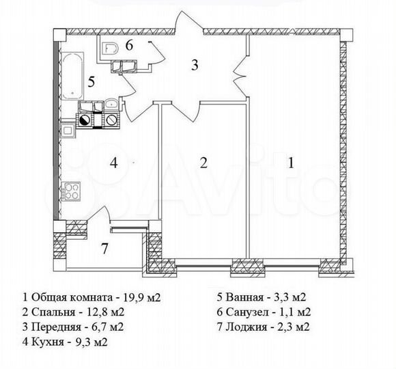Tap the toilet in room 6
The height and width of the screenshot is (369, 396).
[x=112, y=47]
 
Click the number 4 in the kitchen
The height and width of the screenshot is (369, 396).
[x=115, y=163]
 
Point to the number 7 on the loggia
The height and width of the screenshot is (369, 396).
[x=104, y=248]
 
